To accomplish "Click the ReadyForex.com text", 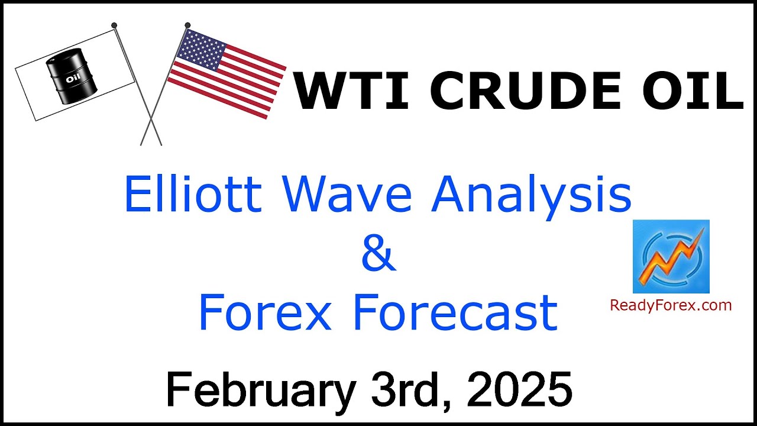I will coord(671,306).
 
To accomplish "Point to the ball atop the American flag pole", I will coord(187,25).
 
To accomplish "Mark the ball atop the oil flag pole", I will coord(114,25).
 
